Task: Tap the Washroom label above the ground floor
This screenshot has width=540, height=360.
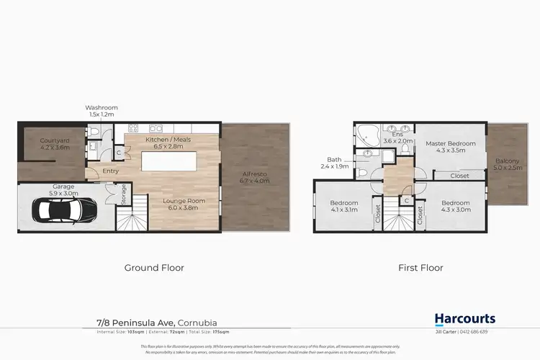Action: (102, 111)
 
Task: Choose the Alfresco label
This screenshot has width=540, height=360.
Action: (255, 177)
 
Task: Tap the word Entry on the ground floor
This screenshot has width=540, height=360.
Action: (110, 171)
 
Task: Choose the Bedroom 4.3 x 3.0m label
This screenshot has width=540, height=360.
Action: (456, 206)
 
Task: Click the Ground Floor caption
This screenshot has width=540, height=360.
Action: (154, 268)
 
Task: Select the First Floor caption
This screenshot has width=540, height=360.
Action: (420, 268)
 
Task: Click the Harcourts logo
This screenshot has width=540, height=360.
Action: (464, 319)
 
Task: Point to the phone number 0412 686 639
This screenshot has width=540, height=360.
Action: (494, 332)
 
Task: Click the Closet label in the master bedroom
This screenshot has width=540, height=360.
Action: (459, 176)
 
